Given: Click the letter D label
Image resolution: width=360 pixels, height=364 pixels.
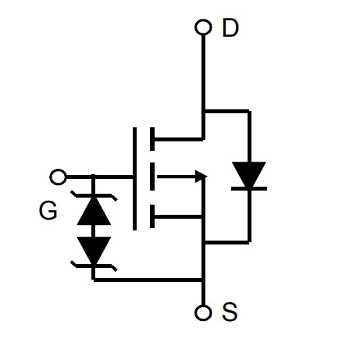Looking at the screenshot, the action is pos(230,27).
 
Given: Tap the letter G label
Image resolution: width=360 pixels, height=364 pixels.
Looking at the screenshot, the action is pos(48,210).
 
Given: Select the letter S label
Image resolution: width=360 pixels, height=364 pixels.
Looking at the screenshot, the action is pos(230,312).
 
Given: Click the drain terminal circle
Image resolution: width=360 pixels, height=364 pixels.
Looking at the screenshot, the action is pos(203,27).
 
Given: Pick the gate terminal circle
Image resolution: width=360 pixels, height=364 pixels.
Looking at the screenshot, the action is pos(58,177).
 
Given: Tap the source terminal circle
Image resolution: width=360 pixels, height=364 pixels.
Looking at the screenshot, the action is pos(203,312).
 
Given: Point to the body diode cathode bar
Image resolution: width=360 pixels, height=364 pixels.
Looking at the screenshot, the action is pos(249,188).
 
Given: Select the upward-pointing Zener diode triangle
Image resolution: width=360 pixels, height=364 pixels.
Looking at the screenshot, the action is pos(94,211).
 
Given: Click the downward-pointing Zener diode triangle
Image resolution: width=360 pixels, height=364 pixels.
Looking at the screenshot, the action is pos(94,250).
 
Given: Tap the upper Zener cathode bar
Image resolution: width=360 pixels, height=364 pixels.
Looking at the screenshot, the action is pos(94,195).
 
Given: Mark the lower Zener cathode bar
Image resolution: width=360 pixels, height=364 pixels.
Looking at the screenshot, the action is pos(94,266).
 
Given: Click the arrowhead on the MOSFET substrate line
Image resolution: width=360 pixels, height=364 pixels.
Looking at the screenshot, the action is pos(201,177).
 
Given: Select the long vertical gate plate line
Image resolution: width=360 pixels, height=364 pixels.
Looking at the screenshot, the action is pos(134,179).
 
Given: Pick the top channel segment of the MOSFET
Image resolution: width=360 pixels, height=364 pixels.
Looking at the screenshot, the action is pos(152,139).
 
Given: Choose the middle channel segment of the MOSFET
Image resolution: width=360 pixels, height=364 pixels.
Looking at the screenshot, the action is pos(152,177).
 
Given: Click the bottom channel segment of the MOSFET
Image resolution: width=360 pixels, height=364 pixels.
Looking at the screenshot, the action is pos(152,216).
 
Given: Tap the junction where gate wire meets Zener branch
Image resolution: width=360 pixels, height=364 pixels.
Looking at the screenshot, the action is pos(93,177).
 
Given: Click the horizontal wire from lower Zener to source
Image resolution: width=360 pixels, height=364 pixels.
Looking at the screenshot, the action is pos(148,280).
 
